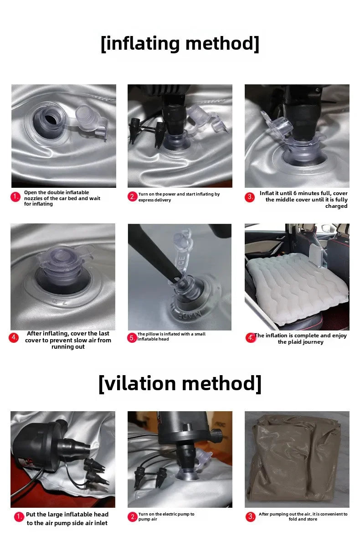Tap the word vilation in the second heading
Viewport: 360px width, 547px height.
[140, 383]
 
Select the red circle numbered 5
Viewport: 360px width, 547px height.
[132, 338]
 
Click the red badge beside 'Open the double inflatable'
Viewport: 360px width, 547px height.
[15, 197]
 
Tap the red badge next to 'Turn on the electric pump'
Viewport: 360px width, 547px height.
[133, 517]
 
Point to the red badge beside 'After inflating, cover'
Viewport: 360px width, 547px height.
[14, 337]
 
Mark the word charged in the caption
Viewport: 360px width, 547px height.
[336, 206]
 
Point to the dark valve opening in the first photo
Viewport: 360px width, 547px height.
[51, 119]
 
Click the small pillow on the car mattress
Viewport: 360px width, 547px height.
[317, 255]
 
